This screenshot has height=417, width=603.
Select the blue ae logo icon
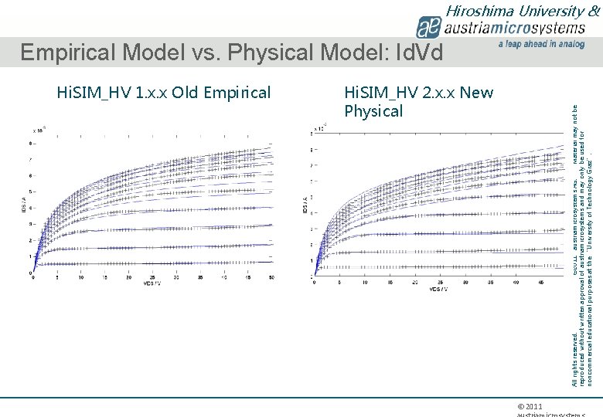click(x=428, y=29)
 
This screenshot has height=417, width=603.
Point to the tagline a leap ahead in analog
click(x=541, y=45)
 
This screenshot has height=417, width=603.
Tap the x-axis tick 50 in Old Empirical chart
click(x=270, y=278)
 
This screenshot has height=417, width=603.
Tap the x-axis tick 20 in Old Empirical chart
click(x=128, y=278)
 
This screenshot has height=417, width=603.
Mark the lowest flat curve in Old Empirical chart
click(x=155, y=264)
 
